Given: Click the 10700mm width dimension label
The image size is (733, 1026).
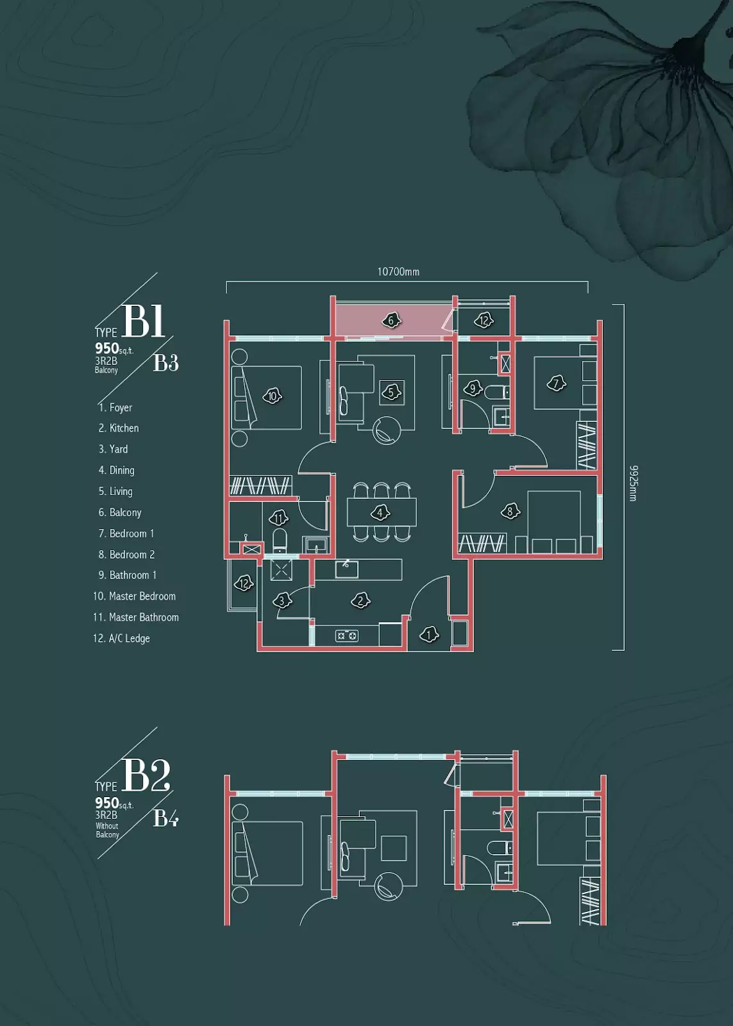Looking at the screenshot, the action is (x=398, y=272).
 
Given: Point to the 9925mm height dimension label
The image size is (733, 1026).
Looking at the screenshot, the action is (x=633, y=484).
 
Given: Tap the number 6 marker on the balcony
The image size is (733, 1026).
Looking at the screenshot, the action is (x=391, y=321).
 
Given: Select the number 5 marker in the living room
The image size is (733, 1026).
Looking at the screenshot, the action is (x=391, y=392).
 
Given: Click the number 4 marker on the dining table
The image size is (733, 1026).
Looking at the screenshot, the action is (x=380, y=512).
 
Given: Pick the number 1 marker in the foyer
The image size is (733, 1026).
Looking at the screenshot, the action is (x=429, y=635).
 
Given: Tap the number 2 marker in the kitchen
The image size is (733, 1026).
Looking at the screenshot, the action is (x=360, y=600).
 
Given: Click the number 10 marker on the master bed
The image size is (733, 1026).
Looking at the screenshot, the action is (x=273, y=396).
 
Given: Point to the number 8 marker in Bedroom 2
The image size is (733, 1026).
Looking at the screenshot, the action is (x=510, y=511).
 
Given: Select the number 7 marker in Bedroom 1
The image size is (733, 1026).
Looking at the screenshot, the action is (x=557, y=383).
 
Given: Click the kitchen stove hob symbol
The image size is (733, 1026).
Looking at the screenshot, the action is (x=347, y=635).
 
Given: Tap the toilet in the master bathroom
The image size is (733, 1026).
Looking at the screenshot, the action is (x=280, y=541).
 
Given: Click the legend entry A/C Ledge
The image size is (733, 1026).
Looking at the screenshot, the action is (x=121, y=639).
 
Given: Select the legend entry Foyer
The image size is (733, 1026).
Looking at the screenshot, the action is (x=115, y=408).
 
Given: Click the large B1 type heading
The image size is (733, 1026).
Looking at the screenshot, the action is (x=144, y=321).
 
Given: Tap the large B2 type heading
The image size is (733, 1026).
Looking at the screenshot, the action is (x=146, y=776).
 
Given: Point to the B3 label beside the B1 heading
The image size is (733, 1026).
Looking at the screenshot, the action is (x=166, y=363).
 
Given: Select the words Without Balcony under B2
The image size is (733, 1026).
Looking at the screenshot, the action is (x=107, y=830).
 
